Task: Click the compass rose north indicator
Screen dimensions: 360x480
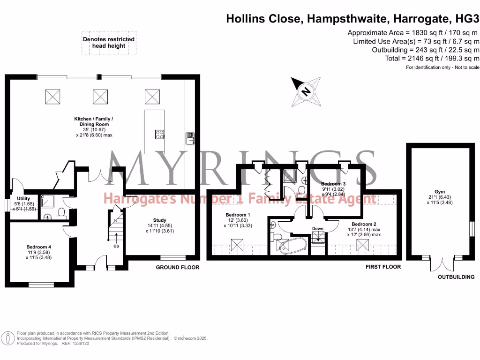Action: click(305, 91)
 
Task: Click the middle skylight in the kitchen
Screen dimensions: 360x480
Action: click(100, 97)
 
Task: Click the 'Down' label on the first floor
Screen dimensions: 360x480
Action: click(318, 229)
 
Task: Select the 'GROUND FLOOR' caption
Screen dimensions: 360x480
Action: click(178, 267)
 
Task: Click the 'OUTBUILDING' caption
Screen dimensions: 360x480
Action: click(456, 277)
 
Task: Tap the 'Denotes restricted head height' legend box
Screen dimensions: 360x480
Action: click(109, 43)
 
